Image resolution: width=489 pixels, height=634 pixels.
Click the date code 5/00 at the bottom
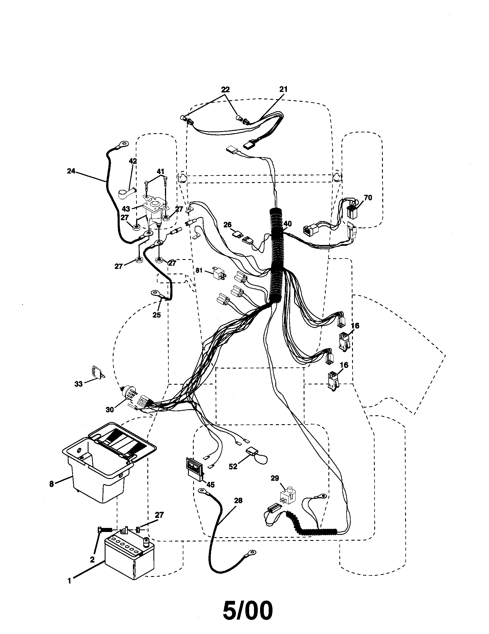point(248,610)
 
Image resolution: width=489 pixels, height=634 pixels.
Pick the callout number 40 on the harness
point(287,224)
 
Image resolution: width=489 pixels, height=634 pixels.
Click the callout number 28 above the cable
point(238,501)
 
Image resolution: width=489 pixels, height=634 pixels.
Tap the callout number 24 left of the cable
point(71,171)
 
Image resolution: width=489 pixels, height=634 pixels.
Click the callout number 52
point(233,467)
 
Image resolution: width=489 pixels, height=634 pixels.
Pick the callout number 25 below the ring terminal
point(156,315)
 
